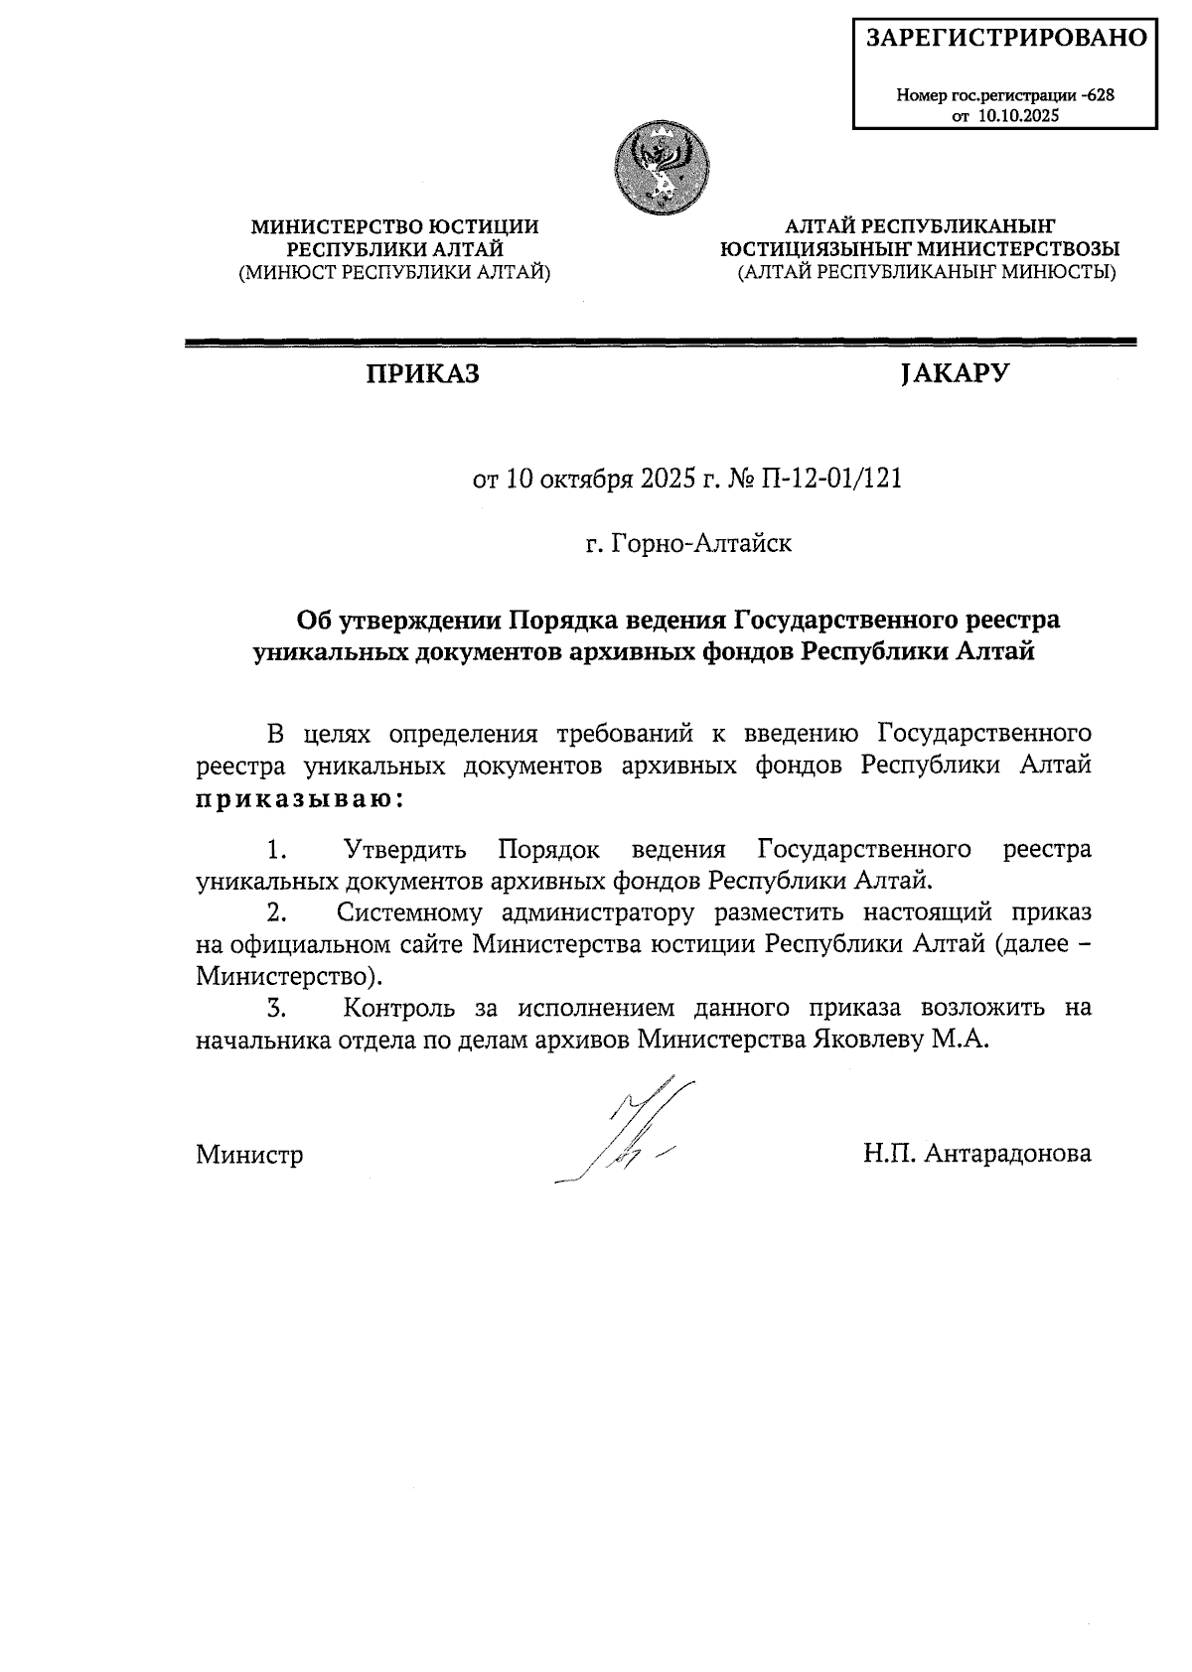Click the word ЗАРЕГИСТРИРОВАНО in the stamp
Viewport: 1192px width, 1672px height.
coord(1006,39)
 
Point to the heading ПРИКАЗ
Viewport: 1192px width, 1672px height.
coord(421,374)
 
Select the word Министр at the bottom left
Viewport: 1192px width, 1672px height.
coord(249,1155)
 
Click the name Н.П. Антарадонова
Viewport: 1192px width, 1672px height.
coord(977,1153)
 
